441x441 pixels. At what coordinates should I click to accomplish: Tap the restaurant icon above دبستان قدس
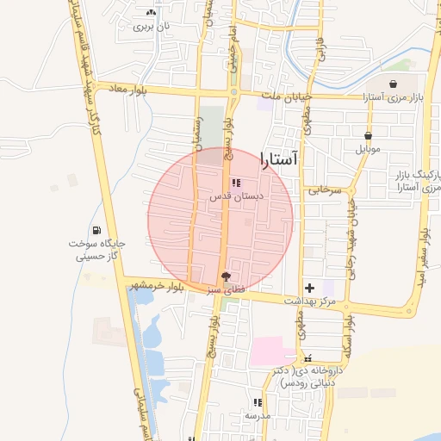pos(236,183)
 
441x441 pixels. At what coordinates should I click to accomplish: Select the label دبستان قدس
pos(236,196)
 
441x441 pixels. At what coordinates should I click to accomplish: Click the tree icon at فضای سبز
pos(226,276)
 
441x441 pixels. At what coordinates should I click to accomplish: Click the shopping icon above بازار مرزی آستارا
pos(394,84)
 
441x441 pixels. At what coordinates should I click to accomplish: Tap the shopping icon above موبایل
pos(368,135)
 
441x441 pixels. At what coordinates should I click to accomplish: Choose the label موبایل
pos(368,148)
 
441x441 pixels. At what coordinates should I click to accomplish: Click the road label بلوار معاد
pos(127,89)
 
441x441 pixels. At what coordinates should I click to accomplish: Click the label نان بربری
pos(152,26)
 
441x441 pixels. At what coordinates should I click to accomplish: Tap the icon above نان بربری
pos(152,13)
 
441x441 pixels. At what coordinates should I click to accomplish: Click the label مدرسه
pos(258,415)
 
